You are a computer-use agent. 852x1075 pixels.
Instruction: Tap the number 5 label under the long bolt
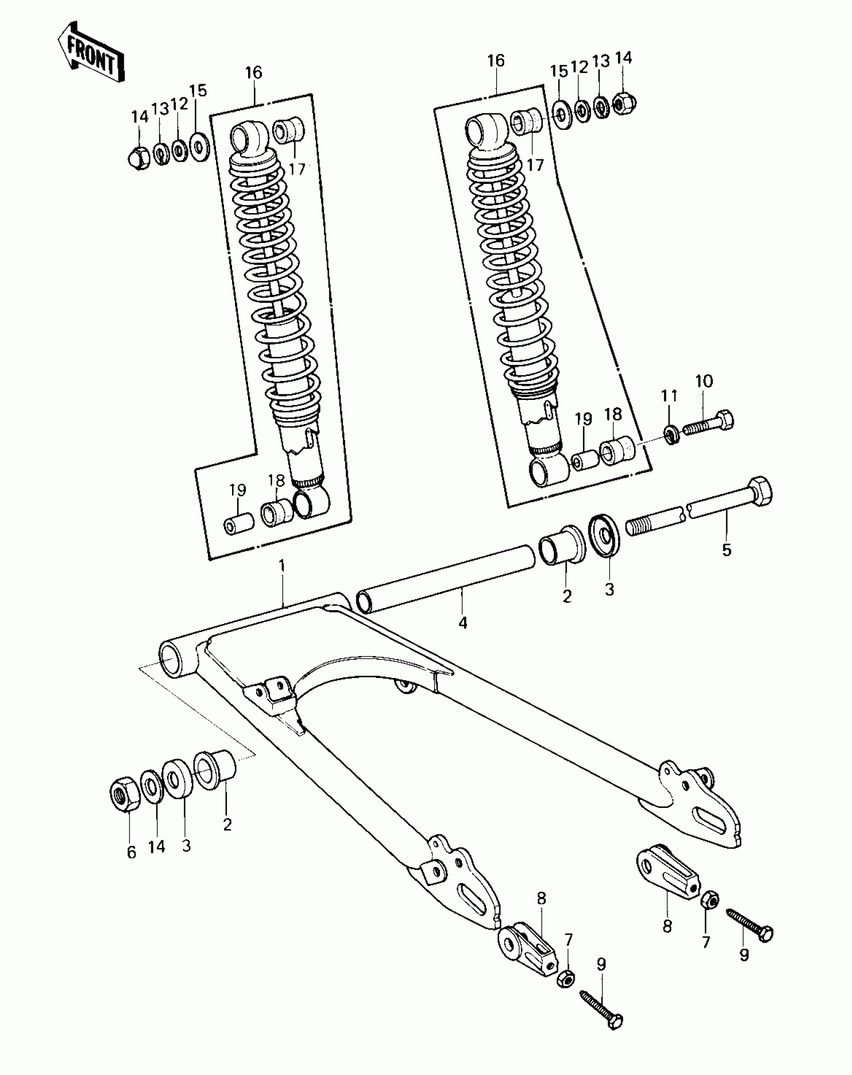tap(726, 550)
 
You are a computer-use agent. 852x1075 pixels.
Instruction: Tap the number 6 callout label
tap(131, 852)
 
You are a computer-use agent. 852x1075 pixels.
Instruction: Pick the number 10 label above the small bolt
tap(704, 381)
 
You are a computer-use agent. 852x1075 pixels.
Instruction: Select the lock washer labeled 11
tap(671, 433)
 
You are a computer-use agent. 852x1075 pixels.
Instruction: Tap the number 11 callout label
tap(670, 396)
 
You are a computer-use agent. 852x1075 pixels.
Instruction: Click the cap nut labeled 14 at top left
tap(138, 157)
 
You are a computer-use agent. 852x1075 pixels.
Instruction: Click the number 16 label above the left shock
tap(254, 73)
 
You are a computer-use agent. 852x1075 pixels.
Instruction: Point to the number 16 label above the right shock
tap(496, 61)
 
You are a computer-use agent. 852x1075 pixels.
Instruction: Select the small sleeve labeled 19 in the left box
tap(238, 523)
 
